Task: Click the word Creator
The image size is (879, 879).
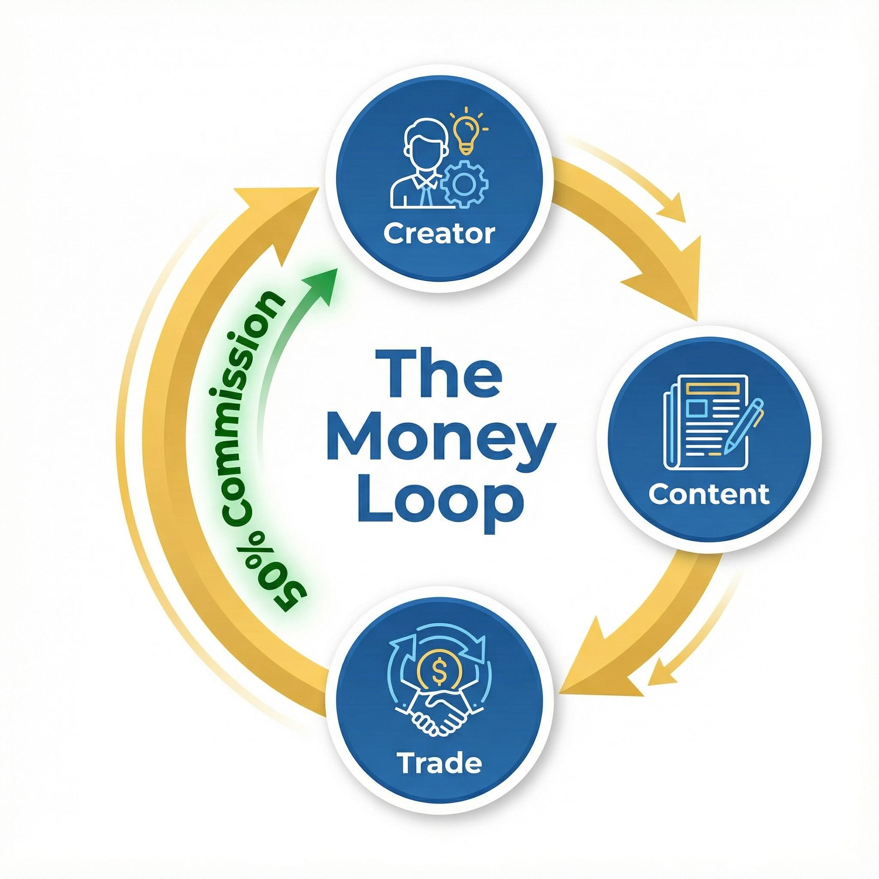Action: click(439, 234)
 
